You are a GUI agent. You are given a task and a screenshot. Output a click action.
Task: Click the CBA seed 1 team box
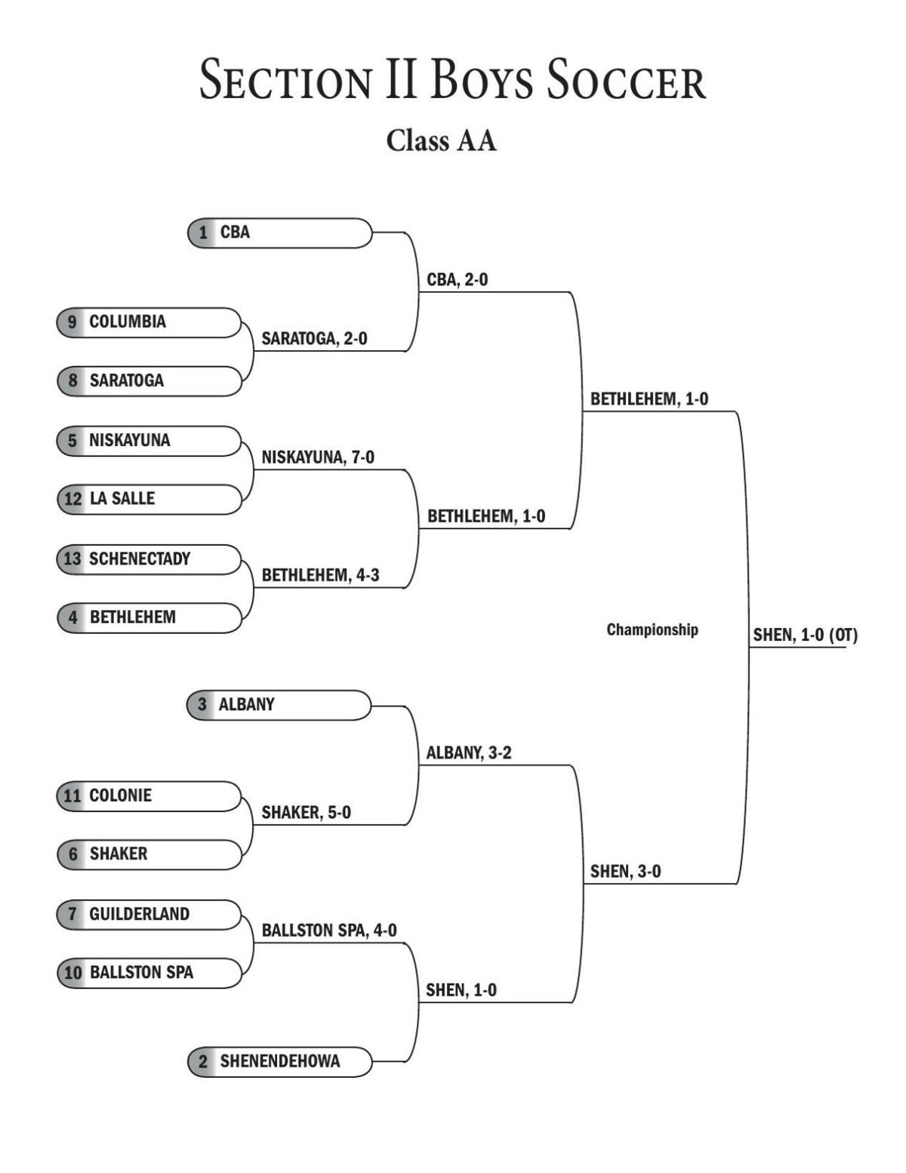click(279, 232)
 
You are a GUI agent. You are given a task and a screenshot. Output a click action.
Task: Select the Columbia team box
click(149, 322)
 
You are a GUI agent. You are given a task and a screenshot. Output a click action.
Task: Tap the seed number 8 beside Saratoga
click(72, 380)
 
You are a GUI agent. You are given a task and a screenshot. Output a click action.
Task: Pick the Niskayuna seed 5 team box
click(149, 441)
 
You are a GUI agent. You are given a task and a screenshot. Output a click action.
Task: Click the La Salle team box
click(149, 499)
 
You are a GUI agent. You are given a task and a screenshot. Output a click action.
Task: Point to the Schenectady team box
click(149, 559)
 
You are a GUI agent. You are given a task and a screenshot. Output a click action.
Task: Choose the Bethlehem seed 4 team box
click(149, 617)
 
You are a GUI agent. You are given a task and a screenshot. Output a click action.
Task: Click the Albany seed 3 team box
click(279, 705)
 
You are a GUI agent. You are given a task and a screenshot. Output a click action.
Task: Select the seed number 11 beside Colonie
click(72, 796)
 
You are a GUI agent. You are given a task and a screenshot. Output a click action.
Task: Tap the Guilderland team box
click(149, 914)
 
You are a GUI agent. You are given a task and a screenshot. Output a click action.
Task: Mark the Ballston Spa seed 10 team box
click(149, 973)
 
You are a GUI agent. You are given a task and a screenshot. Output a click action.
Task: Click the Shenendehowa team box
click(279, 1061)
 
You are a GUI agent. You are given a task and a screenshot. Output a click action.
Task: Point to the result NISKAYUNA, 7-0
click(318, 457)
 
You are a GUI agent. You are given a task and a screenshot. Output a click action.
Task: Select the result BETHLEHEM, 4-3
click(320, 576)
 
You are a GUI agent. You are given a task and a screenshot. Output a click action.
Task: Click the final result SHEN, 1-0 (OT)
click(805, 636)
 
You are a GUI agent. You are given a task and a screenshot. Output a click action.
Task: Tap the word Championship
click(652, 630)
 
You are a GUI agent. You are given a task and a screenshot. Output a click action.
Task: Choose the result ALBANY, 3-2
click(469, 753)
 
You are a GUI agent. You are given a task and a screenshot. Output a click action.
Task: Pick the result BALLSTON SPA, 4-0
click(329, 931)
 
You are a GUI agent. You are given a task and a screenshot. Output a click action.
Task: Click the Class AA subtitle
click(442, 141)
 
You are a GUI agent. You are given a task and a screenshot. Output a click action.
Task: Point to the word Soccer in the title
click(626, 81)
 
